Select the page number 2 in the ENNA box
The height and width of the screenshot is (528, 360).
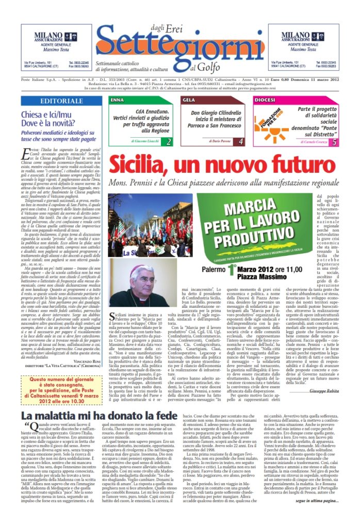tap(169, 141)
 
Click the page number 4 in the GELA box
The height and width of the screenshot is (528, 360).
tap(241, 141)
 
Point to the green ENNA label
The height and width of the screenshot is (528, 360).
tap(118, 99)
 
